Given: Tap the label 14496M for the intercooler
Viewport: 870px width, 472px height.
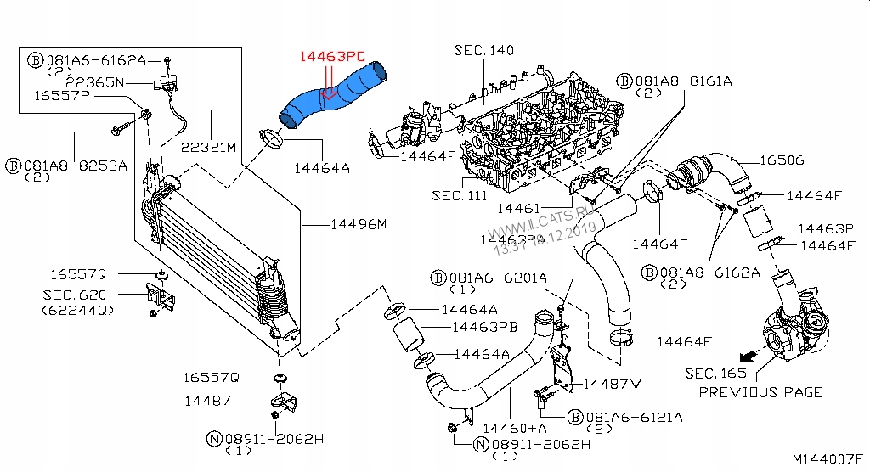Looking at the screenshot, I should (x=358, y=225).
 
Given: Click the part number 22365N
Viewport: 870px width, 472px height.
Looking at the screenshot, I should (x=95, y=81).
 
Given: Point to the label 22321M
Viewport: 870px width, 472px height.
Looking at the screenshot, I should (x=206, y=146).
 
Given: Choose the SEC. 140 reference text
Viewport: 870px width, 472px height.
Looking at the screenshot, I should (x=483, y=51).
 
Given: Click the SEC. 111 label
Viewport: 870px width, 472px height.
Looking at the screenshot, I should (x=460, y=195).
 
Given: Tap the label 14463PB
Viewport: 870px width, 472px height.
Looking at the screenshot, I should (x=484, y=327).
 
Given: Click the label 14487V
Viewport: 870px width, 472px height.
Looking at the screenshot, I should (x=611, y=385).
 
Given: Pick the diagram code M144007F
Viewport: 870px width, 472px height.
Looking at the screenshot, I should (x=828, y=459).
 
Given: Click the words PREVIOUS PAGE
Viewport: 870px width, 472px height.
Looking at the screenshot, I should (x=760, y=392).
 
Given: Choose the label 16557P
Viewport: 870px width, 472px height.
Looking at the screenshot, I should (x=62, y=96).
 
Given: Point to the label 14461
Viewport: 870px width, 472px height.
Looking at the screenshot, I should (x=519, y=208).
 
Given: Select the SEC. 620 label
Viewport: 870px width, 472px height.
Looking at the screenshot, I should (x=75, y=295).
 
